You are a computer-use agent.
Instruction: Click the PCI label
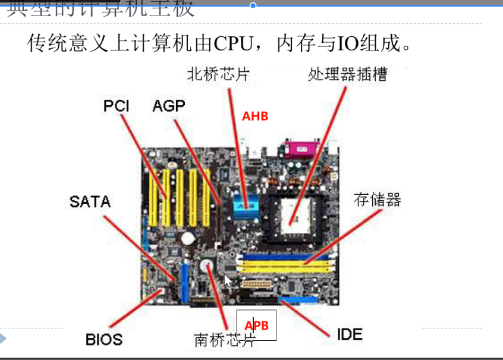point(117,106)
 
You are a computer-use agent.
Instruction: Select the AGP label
point(169,106)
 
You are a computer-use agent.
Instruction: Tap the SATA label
point(90,202)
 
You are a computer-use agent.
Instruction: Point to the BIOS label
point(104,339)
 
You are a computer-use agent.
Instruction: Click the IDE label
point(350,334)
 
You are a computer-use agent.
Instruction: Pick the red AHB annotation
point(255,116)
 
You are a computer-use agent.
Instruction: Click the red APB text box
point(256,326)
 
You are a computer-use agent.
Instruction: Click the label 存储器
point(378,199)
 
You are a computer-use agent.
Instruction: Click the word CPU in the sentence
point(234,43)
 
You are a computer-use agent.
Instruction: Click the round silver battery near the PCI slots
point(188,238)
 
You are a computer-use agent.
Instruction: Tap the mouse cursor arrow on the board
point(228,280)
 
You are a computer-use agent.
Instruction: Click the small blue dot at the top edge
point(253,5)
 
